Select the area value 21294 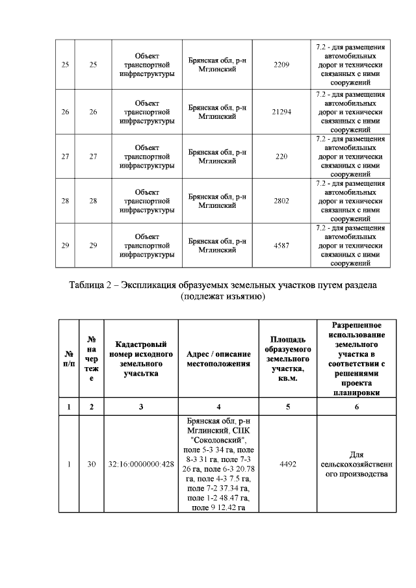coord(281,112)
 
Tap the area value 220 coord(281,157)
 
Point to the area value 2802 coord(281,201)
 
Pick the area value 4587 coord(281,246)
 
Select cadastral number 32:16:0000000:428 coord(141,464)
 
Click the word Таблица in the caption coord(89,287)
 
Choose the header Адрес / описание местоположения coord(218,359)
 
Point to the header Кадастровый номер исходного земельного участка coord(141,359)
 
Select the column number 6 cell coord(356,407)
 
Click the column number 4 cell coord(218,407)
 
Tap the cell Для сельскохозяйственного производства coord(356,464)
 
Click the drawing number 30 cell coord(92,464)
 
